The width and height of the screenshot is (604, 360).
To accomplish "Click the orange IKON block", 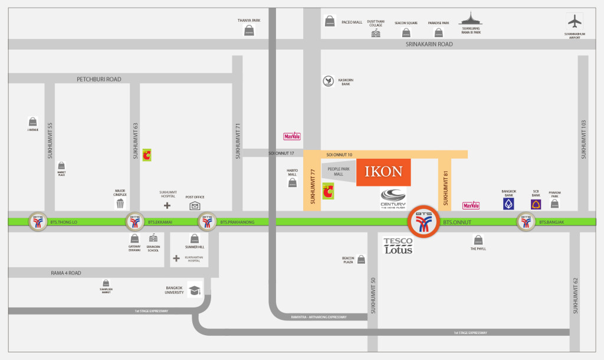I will [x=383, y=172].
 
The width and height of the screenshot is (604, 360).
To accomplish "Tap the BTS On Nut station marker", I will [x=424, y=222].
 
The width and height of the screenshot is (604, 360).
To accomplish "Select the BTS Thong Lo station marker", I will [x=38, y=222].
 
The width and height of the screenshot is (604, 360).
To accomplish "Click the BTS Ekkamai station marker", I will [x=134, y=222].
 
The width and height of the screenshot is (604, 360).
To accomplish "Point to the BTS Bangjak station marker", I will [x=526, y=222].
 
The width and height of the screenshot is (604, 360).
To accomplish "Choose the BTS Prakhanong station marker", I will [x=207, y=222].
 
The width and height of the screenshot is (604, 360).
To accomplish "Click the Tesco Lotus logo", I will [x=398, y=246].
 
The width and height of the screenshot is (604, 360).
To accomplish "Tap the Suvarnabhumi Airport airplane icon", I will [x=574, y=21].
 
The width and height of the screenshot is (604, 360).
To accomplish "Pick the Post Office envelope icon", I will [x=195, y=205].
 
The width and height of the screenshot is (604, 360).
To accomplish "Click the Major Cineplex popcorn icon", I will [x=120, y=204].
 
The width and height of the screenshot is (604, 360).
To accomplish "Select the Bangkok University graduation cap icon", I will [x=195, y=291].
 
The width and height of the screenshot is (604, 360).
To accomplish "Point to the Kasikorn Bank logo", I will [x=328, y=81].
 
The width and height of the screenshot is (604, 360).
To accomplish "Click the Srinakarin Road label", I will [x=429, y=44].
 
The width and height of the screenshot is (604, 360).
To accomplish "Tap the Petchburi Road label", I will [x=99, y=78].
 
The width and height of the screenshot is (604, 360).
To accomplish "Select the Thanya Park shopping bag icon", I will [x=249, y=31].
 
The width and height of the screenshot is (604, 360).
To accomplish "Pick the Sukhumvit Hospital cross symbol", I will [x=168, y=205].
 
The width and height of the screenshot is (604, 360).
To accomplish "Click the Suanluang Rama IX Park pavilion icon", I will [x=471, y=19].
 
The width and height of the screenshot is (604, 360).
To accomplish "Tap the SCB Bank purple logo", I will [x=536, y=204].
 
